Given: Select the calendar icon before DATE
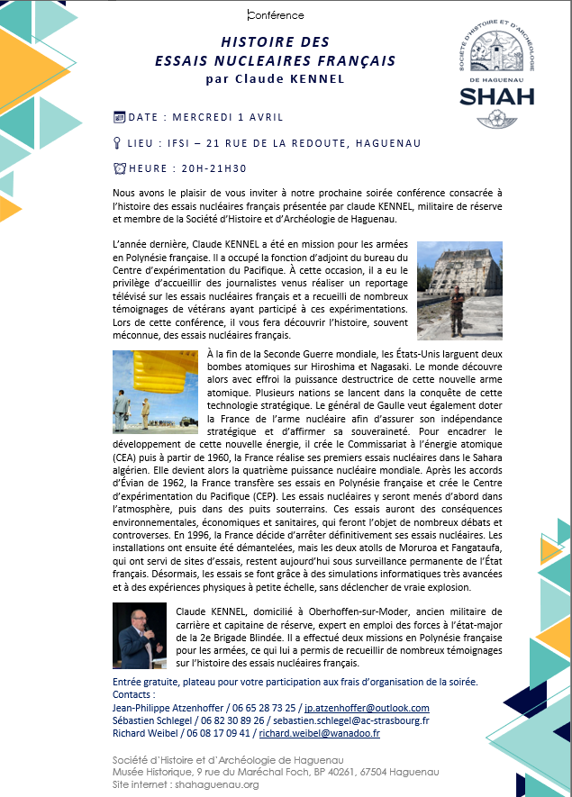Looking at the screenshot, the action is coord(119,117).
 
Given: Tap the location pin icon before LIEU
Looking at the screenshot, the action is coord(118,142).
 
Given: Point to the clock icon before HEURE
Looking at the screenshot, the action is coord(119,168).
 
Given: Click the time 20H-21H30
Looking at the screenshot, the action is coord(213,168).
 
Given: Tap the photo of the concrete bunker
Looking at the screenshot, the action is coord(452,288).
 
